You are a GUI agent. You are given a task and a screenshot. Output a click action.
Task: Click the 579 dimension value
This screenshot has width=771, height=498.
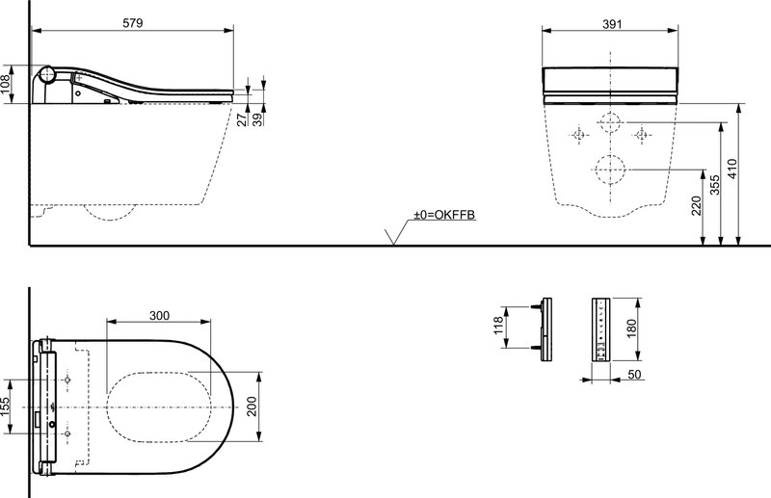coord(133,22)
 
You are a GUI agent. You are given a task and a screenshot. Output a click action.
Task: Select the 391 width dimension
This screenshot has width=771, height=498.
coord(612,23)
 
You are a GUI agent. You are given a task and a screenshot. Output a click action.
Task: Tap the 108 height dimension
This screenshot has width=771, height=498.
coord(6,85)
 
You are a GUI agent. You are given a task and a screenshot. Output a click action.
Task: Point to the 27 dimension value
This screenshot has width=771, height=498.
coord(243,119)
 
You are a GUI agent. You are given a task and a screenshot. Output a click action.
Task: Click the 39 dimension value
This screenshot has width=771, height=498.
coord(258,119)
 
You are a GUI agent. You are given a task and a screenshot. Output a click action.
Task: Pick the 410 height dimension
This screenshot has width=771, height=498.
coord(732,169)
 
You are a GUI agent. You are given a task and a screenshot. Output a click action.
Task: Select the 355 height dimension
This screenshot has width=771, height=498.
coord(715,185)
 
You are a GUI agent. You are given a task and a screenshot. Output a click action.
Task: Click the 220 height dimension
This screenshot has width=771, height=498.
coord(697,205)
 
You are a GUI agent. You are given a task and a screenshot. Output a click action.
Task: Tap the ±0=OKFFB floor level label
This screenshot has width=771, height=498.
coord(444,215)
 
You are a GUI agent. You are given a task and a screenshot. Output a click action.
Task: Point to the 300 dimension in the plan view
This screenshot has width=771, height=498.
coord(159,315)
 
